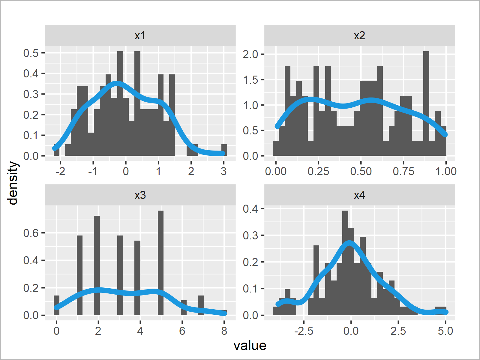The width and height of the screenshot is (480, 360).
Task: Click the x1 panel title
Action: click(140, 36)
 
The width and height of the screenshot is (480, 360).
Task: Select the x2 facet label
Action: click(359, 36)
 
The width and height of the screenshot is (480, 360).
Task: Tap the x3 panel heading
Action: click(140, 195)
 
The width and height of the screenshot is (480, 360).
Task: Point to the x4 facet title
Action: click(359, 195)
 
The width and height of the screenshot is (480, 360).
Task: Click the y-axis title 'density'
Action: click(13, 183)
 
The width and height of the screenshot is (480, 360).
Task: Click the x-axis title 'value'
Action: click(250, 346)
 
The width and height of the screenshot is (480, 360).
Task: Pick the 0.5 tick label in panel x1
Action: click(31, 53)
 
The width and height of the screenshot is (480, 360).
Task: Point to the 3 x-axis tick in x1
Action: click(223, 171)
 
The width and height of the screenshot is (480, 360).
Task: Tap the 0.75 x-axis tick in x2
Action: click(403, 171)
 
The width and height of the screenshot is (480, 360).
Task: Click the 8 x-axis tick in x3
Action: click(224, 331)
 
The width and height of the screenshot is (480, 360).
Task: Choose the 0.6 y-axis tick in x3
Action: click(31, 233)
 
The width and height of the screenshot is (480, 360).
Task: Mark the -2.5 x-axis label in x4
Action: click(304, 331)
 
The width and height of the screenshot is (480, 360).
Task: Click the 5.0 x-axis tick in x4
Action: click(445, 331)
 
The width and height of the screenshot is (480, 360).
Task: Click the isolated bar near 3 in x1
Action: click(224, 150)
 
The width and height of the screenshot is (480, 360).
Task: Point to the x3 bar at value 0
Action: click(56, 305)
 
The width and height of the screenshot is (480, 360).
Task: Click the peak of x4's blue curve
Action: click(349, 243)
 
